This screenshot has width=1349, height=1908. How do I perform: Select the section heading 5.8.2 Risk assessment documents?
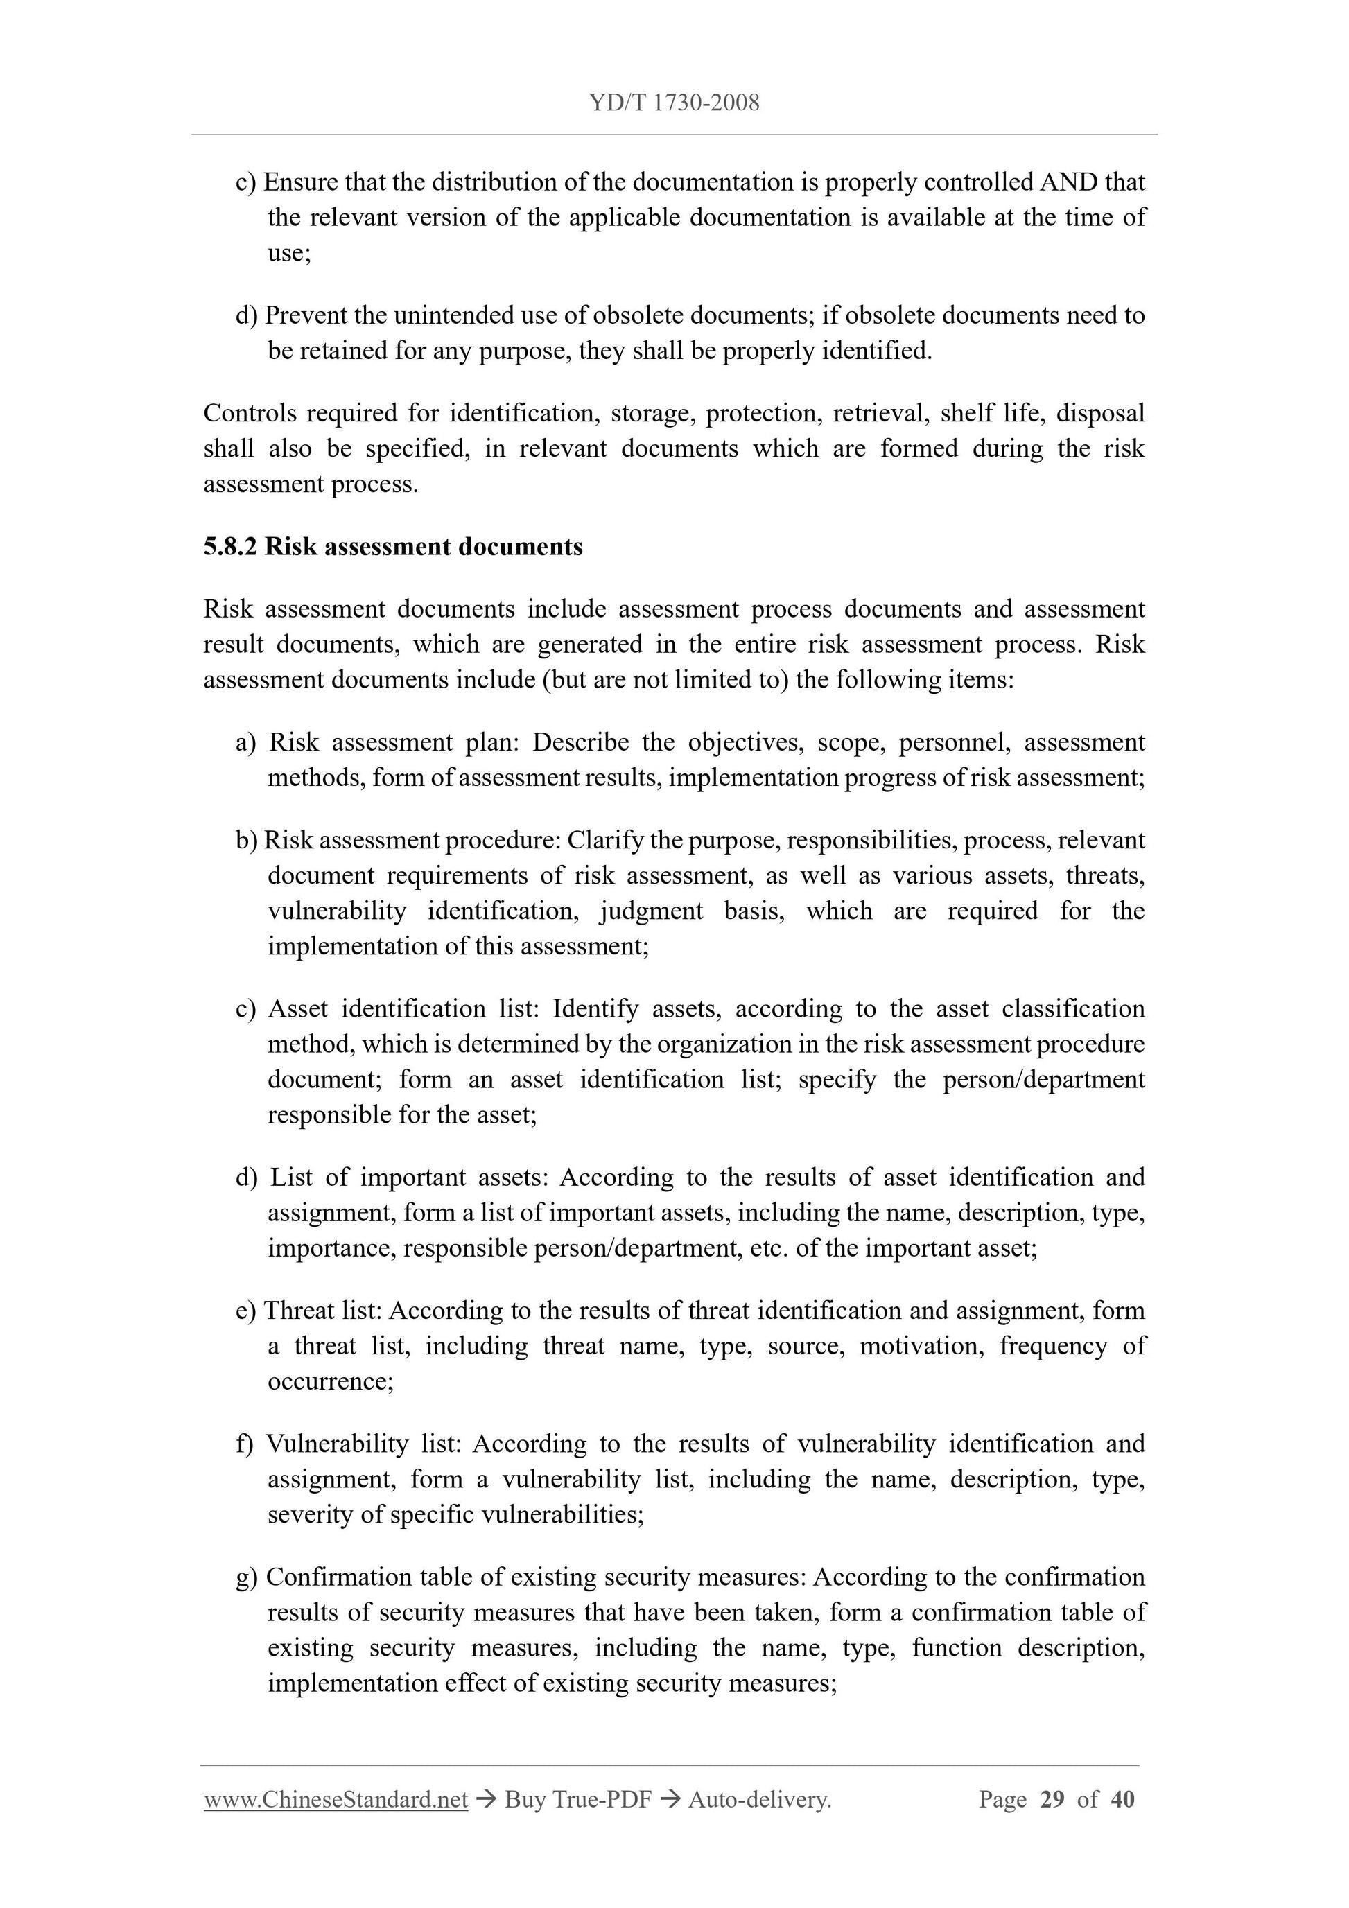coord(392,547)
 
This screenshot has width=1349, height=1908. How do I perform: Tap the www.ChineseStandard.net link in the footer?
coord(336,1800)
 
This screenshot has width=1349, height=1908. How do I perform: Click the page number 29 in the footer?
coord(1052,1800)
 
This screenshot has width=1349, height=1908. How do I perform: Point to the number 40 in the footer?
coord(1122,1800)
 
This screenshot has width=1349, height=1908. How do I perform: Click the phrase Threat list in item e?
coord(322,1311)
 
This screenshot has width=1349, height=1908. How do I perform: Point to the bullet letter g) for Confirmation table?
coord(247,1577)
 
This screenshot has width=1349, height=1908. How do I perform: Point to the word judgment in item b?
coord(650,911)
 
